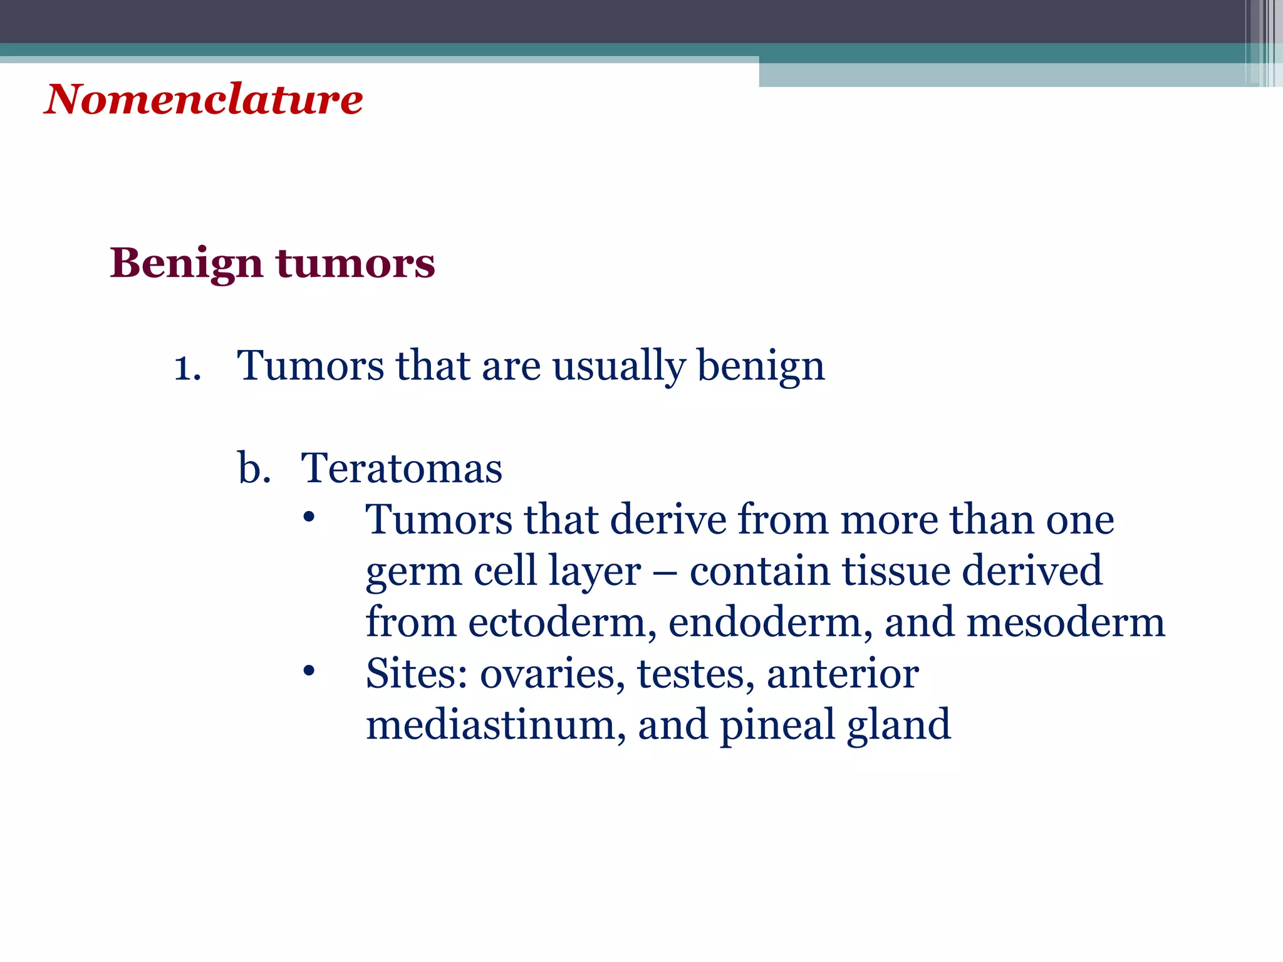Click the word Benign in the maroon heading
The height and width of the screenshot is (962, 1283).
pyautogui.click(x=186, y=264)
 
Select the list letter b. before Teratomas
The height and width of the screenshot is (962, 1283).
pyautogui.click(x=254, y=468)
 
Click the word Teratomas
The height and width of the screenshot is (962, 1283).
pyautogui.click(x=402, y=468)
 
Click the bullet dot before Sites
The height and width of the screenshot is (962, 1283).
pyautogui.click(x=308, y=671)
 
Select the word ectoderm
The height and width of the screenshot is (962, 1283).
pyautogui.click(x=562, y=623)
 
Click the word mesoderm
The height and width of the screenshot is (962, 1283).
pyautogui.click(x=1065, y=623)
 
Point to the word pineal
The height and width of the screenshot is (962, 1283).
pyautogui.click(x=777, y=727)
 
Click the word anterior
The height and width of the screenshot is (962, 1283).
pyautogui.click(x=843, y=675)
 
